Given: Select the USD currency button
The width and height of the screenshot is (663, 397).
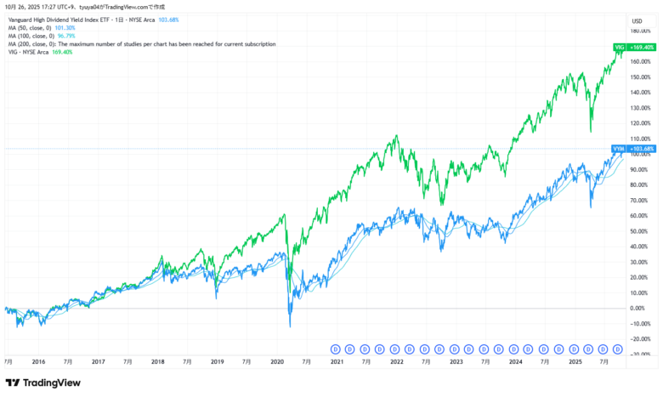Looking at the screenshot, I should click(x=637, y=20).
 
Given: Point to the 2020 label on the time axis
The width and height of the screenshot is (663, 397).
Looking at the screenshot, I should click(x=277, y=361).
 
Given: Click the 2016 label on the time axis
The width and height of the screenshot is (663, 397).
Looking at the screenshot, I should click(x=38, y=361).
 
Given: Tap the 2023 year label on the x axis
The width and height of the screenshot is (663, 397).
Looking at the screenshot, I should click(x=456, y=361).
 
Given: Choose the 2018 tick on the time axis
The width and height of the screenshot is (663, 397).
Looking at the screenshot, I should click(x=158, y=361).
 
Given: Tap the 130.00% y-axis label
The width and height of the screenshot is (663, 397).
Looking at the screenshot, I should click(x=640, y=108).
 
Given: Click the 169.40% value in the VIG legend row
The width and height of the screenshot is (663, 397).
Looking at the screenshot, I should click(x=62, y=52).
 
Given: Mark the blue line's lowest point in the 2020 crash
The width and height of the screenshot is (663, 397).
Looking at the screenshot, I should click(x=290, y=326).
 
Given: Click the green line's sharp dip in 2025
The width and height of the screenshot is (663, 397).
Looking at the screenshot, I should click(x=591, y=132).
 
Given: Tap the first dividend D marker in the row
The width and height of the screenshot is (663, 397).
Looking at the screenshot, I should click(x=335, y=349).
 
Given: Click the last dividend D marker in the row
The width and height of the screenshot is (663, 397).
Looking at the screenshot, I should click(x=618, y=349).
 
